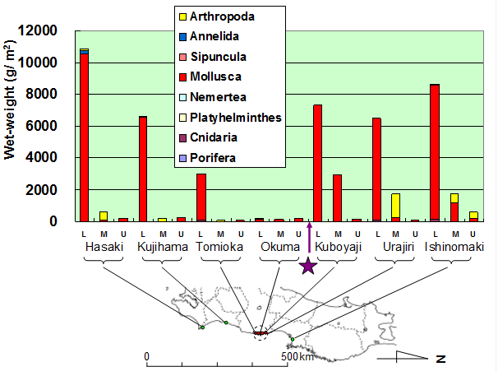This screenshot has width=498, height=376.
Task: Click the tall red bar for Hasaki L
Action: [84, 136]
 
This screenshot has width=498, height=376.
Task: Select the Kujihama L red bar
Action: [142, 169]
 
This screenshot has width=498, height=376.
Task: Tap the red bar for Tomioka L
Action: [201, 197]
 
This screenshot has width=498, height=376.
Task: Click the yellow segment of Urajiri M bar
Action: [395, 206]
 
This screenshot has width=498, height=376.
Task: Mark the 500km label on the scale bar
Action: [298, 357]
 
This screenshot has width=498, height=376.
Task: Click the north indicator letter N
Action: [440, 359]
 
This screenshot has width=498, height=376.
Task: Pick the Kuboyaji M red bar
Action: [337, 197]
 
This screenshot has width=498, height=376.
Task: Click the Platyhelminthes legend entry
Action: [234, 117]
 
